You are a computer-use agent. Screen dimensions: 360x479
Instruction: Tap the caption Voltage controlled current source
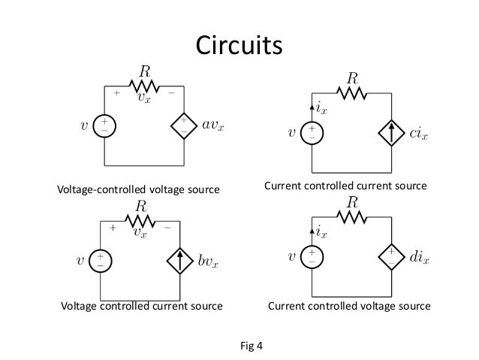[x=141, y=307]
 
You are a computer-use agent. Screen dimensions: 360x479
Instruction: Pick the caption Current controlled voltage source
[x=350, y=307]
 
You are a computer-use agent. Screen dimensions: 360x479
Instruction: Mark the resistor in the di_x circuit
[x=351, y=218]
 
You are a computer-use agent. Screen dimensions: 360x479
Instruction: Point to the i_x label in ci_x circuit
[x=321, y=111]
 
